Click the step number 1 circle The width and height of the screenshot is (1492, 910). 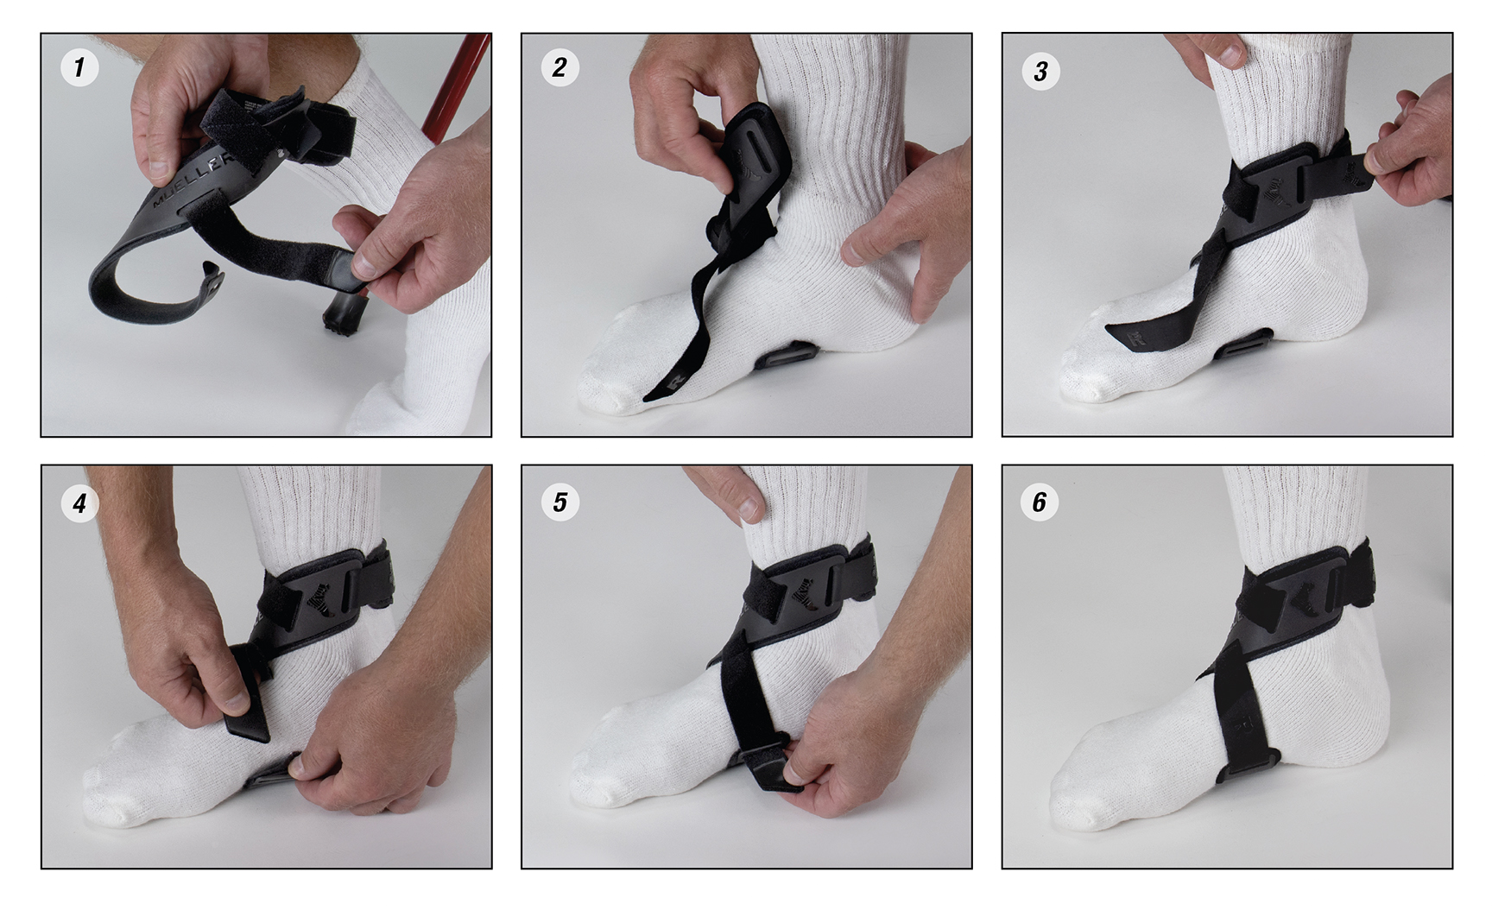(x=79, y=67)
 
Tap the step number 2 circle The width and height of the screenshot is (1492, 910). (x=559, y=67)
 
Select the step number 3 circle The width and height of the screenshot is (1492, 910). (x=1040, y=71)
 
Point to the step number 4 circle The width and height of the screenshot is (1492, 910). (x=79, y=502)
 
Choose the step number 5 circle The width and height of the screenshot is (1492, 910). (x=559, y=502)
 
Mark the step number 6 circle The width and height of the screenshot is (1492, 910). (x=1040, y=502)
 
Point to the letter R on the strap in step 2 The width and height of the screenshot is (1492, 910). (x=670, y=381)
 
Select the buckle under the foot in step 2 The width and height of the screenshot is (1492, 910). (x=784, y=354)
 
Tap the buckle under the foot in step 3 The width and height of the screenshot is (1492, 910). (x=1245, y=343)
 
